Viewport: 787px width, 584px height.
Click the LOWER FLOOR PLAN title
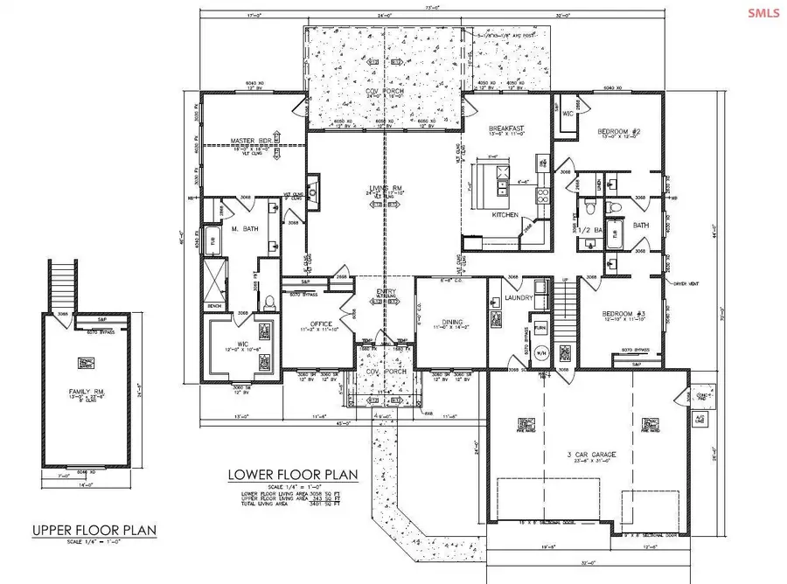pos(293,475)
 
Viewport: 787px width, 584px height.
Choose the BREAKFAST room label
pos(506,129)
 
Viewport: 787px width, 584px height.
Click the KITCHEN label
pos(505,214)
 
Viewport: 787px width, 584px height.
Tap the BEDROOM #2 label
pos(619,132)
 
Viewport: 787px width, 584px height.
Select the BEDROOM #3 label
pos(624,312)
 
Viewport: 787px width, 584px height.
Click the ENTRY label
pos(386,292)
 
